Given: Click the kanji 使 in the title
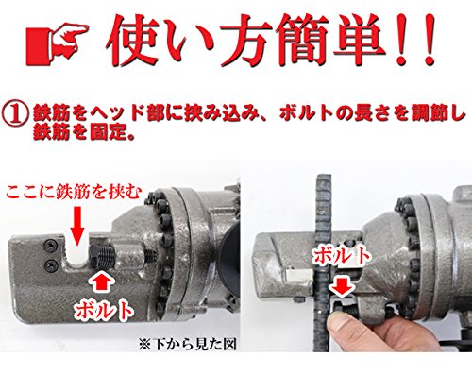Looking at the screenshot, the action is tap(131, 41).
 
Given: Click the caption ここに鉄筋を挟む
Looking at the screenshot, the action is tap(74, 192).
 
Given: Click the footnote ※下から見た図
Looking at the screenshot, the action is tap(188, 345).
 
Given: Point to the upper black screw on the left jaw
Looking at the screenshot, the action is tap(51, 247).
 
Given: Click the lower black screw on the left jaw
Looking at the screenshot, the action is tap(51, 265).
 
